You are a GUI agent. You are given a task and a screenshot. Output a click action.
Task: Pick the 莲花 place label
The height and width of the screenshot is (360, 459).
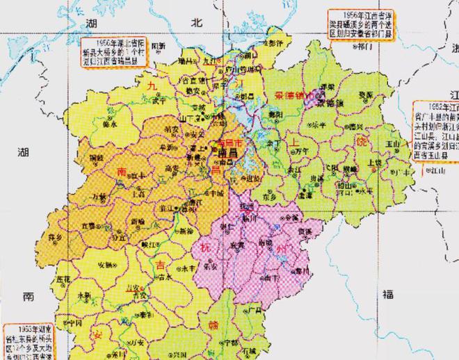(x=64, y=278)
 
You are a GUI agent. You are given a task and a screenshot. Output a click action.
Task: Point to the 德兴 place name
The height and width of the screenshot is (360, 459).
(x=355, y=127)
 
